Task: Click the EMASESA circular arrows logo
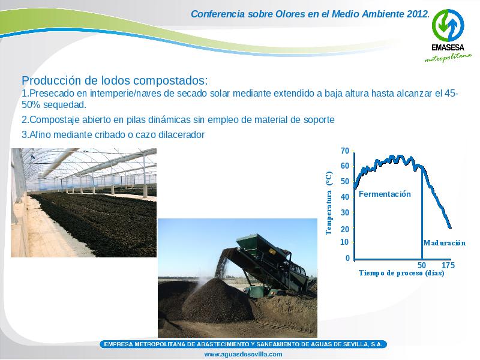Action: pyautogui.click(x=448, y=25)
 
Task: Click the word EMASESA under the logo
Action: pyautogui.click(x=448, y=47)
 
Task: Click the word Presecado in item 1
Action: pyautogui.click(x=52, y=93)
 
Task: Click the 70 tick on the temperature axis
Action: pyautogui.click(x=344, y=151)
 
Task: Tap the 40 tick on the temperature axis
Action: pyautogui.click(x=344, y=197)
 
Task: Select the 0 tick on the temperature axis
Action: pyautogui.click(x=347, y=258)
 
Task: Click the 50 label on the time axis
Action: pyautogui.click(x=422, y=265)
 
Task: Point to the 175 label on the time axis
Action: pyautogui.click(x=448, y=265)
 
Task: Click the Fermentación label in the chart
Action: pyautogui.click(x=385, y=194)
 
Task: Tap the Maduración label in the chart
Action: pyautogui.click(x=444, y=243)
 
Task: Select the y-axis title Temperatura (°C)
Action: pyautogui.click(x=329, y=203)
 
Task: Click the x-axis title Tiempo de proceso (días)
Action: pyautogui.click(x=401, y=273)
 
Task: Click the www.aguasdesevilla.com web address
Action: pyautogui.click(x=243, y=354)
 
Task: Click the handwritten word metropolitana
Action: pyautogui.click(x=448, y=58)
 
